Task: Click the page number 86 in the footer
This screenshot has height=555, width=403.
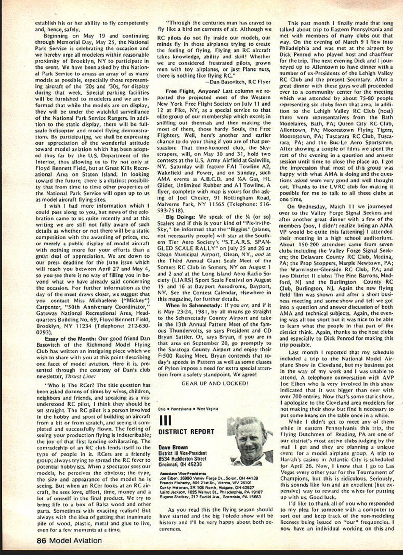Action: point(42,541)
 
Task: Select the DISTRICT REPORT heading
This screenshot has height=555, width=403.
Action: point(186,432)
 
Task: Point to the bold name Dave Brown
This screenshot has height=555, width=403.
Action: point(173,447)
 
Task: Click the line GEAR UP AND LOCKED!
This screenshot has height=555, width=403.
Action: point(215,383)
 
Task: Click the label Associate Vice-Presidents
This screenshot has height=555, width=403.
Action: point(180,473)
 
